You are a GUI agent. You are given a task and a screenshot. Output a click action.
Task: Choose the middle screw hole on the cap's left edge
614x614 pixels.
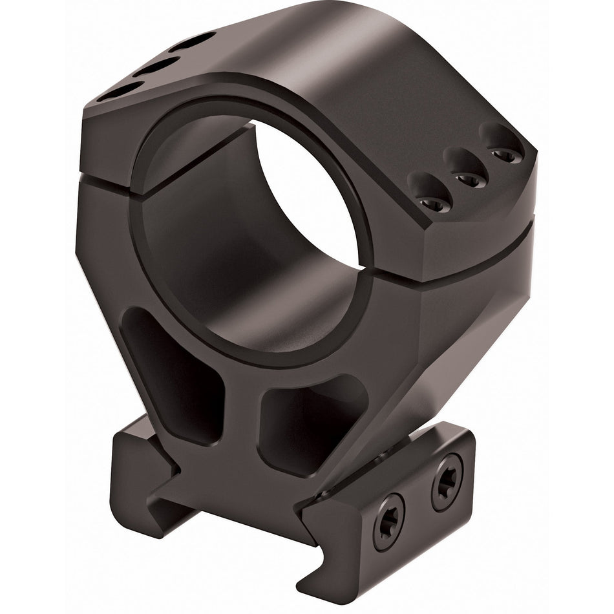pos(154,67)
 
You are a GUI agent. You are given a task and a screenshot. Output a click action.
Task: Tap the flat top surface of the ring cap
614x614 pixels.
pos(310,65)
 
